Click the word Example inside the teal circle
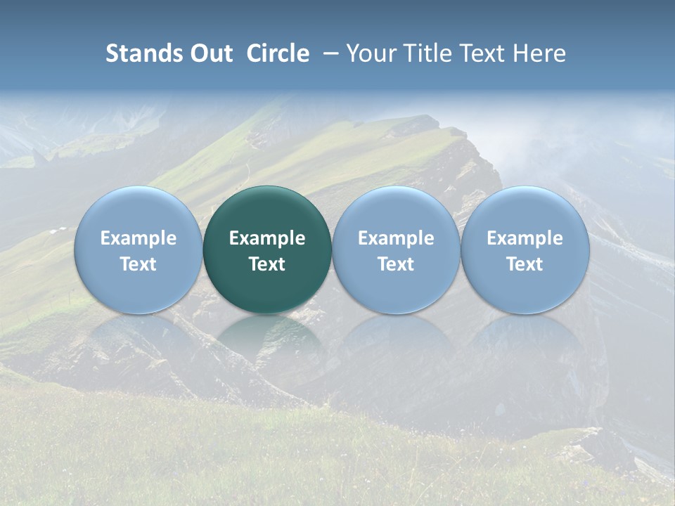267,238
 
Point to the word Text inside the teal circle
267,264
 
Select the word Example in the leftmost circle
139,238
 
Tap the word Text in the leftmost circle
139,264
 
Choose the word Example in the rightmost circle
525,238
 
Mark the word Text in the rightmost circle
525,264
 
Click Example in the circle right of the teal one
396,238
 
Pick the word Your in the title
369,53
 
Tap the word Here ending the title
538,53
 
